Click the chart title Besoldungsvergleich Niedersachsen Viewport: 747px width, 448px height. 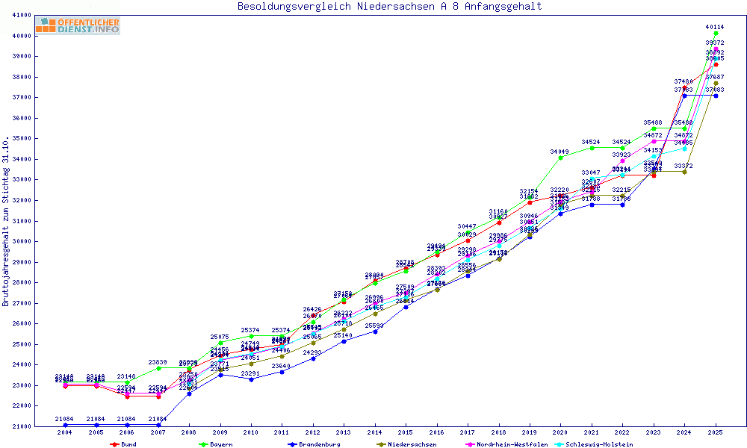coord(389,7)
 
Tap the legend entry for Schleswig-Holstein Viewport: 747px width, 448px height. coord(594,444)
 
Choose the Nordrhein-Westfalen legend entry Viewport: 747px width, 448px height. coord(505,444)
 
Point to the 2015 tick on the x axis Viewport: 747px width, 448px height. coord(406,432)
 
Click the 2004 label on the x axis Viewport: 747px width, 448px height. coord(65,432)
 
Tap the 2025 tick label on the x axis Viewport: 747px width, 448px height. coord(716,432)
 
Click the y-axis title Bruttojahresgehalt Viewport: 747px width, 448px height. coord(7,222)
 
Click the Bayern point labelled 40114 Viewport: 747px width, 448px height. coord(716,34)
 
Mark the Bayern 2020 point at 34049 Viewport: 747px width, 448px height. coord(560,158)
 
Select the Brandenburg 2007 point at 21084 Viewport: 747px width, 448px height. coord(158,424)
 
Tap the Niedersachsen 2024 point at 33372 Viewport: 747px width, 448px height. coord(684,172)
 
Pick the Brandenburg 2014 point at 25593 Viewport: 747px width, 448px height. coord(375,332)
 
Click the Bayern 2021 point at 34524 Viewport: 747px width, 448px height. coord(592,148)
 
